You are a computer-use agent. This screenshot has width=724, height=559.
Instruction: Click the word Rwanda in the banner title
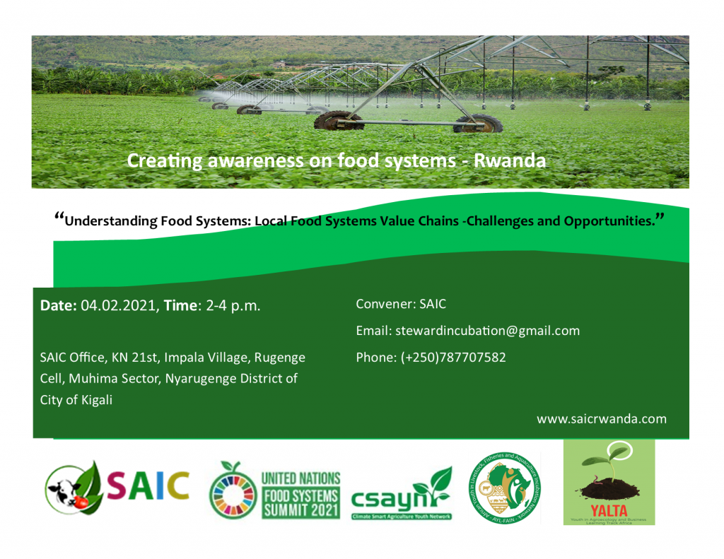509,161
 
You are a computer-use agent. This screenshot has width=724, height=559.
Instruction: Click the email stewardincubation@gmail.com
488,331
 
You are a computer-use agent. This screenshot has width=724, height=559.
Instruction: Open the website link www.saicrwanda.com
601,419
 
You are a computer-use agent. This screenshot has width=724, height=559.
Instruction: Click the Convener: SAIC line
401,305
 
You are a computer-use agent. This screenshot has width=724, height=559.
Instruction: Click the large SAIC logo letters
148,485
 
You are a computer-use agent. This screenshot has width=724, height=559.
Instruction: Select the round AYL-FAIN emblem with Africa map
503,488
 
